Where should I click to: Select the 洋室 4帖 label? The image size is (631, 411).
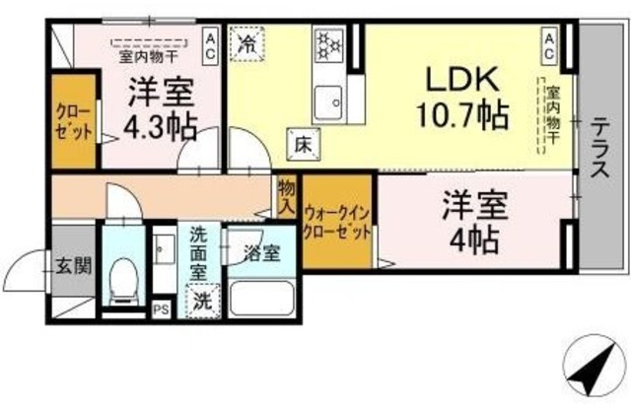[472, 224]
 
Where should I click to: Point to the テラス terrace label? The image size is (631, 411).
[598, 148]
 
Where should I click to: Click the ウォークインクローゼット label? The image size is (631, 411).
[337, 222]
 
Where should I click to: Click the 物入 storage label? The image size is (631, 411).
[286, 196]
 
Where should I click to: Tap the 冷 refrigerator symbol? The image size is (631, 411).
[245, 44]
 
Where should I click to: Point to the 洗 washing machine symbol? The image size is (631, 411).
[201, 299]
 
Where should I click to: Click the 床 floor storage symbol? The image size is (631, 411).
[301, 144]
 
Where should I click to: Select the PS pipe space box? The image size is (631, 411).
[160, 308]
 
